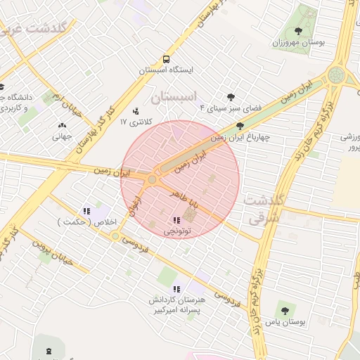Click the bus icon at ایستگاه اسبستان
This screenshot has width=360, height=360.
point(166,60)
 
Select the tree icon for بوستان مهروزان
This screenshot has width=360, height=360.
point(299,31)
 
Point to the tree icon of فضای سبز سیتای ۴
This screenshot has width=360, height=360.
point(230,98)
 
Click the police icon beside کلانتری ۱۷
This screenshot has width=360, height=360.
point(136,110)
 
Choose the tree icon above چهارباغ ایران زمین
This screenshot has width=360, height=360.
point(240,126)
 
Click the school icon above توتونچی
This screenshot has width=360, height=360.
point(176,221)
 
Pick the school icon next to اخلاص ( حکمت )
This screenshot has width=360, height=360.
point(86,210)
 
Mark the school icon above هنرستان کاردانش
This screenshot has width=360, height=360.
point(176,289)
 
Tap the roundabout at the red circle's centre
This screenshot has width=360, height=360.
point(152,180)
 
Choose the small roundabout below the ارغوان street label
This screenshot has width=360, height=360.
point(115,236)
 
